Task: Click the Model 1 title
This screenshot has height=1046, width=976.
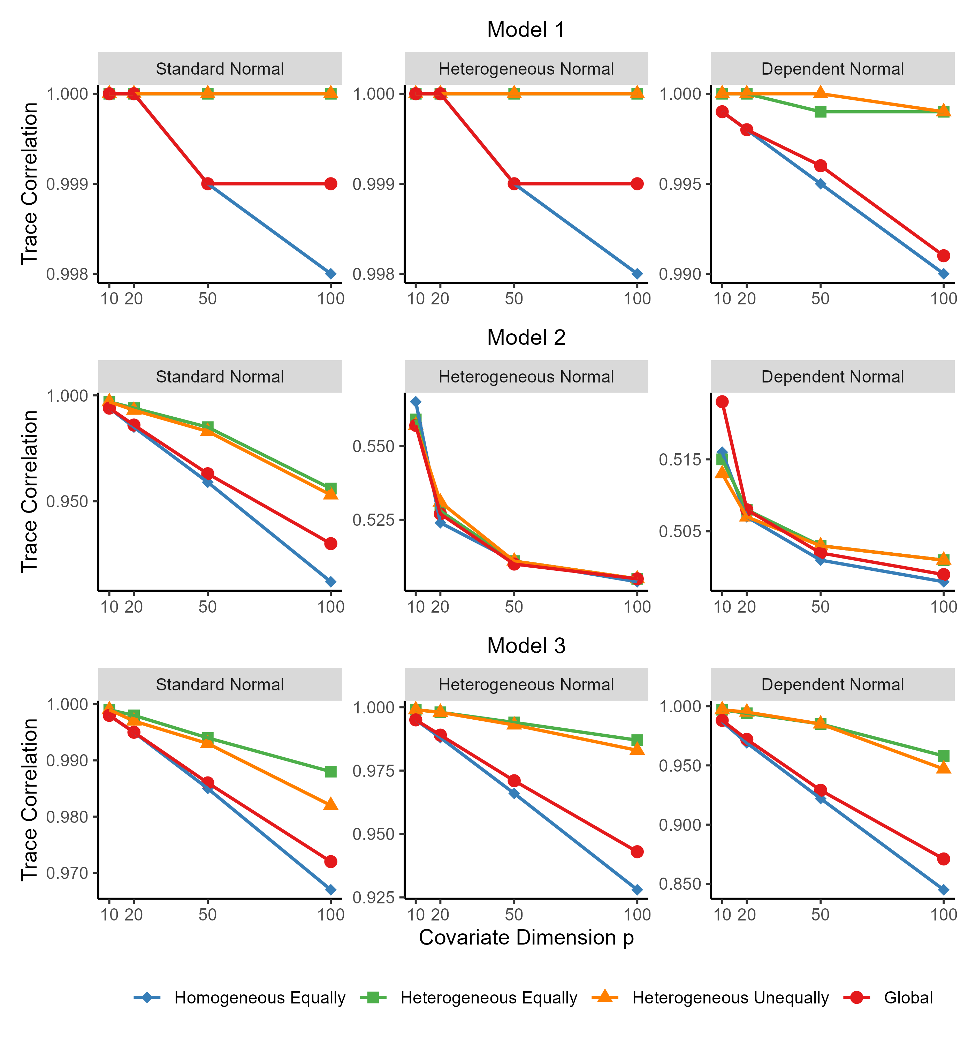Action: pos(526,30)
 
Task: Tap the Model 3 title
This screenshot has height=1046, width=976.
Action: pos(526,646)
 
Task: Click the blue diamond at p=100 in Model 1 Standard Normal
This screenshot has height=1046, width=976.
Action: pos(330,274)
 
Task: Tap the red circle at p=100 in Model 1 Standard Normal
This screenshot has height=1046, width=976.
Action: pos(330,184)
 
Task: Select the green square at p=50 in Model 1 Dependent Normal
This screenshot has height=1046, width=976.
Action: pos(820,112)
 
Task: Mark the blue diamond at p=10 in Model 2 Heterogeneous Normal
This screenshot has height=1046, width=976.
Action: pos(415,402)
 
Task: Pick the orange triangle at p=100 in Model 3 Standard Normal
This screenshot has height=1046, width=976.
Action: pos(330,804)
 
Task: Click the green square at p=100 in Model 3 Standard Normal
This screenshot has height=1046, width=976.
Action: pos(330,771)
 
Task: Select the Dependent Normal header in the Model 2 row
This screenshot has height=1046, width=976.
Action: pos(832,377)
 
